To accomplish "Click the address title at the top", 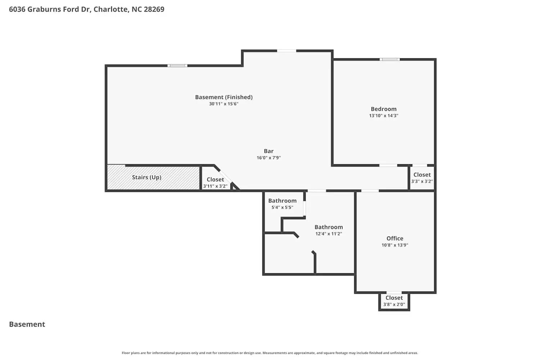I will [x=86, y=9].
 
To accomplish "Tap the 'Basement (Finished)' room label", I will [x=224, y=97].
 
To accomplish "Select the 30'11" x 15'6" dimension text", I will [x=224, y=104].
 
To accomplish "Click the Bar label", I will [x=269, y=151].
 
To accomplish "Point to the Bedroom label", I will [x=383, y=109].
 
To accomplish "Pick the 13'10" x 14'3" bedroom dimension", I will [x=383, y=116].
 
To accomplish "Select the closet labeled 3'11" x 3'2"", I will [x=215, y=183].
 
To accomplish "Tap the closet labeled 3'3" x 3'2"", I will [x=422, y=178].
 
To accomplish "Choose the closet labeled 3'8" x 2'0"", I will [x=394, y=301].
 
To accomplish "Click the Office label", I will [x=395, y=238].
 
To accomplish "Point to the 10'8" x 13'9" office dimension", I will [x=395, y=245].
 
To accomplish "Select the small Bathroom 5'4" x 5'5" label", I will [x=282, y=204].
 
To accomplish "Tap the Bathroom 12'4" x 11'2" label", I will [x=328, y=230].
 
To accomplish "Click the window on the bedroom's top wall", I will [x=390, y=59].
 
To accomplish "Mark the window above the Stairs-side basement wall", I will [x=177, y=66].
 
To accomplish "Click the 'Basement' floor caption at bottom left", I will [x=27, y=324].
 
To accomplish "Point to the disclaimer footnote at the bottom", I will [x=270, y=353].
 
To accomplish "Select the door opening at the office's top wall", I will [x=370, y=191].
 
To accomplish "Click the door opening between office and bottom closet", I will [x=394, y=293].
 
